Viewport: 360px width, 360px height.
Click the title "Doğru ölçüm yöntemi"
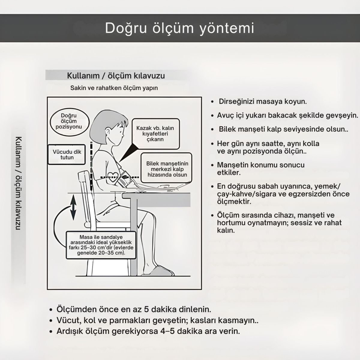pos(180,28)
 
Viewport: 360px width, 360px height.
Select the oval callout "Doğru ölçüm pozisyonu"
pos(69,121)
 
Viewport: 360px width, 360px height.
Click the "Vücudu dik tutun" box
pos(67,154)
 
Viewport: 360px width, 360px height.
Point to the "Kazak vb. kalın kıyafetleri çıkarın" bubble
pos(155,134)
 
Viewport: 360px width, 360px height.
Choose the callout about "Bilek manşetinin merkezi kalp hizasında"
pos(167,169)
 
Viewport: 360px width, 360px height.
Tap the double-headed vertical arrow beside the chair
pos(73,207)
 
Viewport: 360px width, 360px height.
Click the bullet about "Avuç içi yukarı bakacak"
pos(287,115)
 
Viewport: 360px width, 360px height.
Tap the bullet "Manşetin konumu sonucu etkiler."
pos(260,169)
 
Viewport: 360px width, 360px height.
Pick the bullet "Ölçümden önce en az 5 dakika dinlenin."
pos(134,309)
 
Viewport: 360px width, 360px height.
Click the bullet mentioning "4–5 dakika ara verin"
pos(148,331)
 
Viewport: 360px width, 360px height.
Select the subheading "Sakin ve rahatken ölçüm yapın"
pos(114,88)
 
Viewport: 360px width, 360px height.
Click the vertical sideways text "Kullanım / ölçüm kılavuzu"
pos(18,183)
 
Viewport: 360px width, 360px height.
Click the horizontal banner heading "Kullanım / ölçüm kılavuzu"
pos(116,76)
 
